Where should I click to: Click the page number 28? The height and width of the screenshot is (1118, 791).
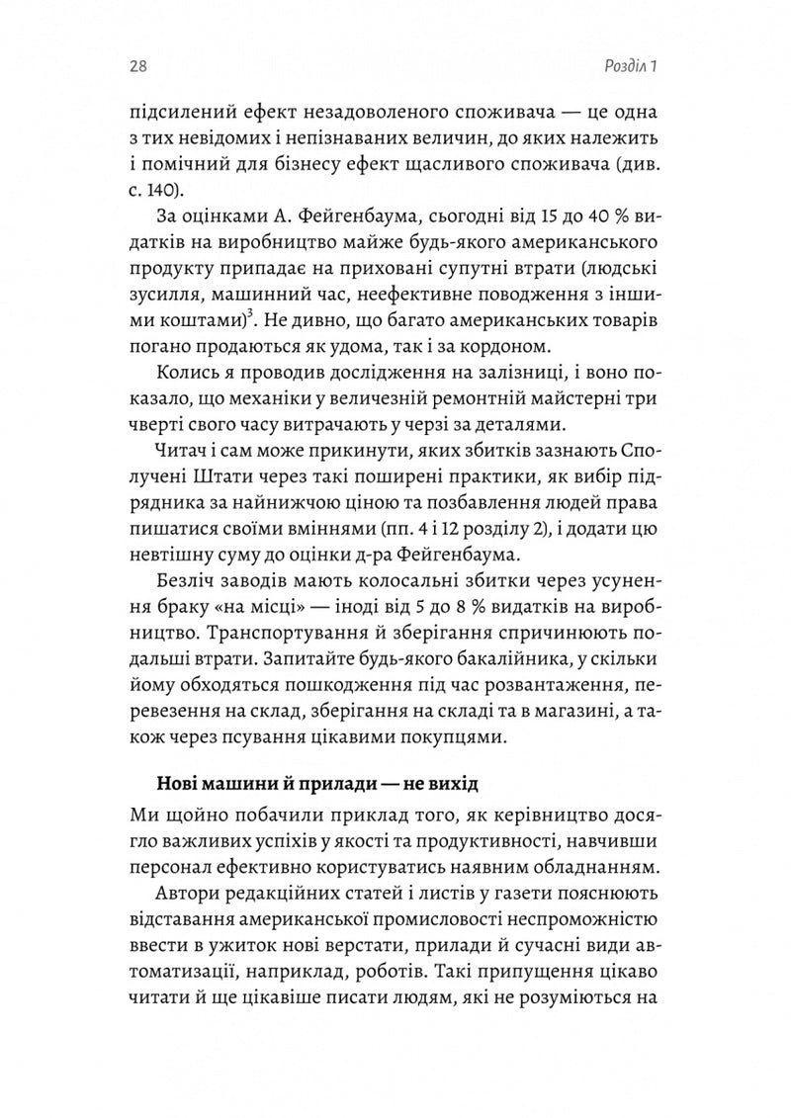(x=139, y=68)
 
